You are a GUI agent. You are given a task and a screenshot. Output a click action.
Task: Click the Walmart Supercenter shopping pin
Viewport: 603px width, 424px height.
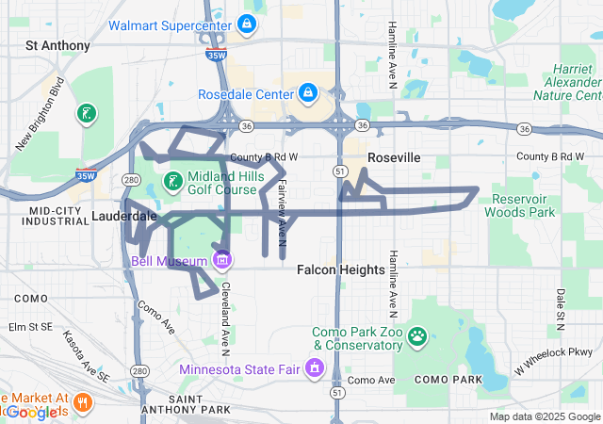(x=246, y=24)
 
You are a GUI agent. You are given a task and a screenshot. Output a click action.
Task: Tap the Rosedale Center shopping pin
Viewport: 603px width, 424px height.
(x=307, y=93)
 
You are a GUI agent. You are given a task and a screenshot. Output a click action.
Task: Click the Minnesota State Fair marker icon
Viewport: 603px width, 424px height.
(x=312, y=368)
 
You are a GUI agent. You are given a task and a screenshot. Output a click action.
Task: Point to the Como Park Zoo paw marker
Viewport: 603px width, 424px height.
(x=416, y=336)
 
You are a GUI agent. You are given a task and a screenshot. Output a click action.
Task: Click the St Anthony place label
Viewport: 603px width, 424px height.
(x=58, y=45)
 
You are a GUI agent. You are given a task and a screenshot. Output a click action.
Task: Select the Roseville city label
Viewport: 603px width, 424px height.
(x=394, y=157)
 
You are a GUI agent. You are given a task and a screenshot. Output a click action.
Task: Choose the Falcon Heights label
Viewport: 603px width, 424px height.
(x=340, y=269)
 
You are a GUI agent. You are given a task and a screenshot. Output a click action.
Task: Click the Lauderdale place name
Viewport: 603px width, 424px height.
(x=124, y=216)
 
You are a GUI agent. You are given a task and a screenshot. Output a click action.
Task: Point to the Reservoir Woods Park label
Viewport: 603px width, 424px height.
(x=520, y=205)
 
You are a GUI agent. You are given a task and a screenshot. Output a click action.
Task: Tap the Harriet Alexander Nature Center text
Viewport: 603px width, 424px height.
(x=566, y=83)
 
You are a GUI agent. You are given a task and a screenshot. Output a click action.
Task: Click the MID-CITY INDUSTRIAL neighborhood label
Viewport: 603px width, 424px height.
(x=58, y=216)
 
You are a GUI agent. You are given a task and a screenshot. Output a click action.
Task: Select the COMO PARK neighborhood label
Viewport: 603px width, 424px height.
(x=448, y=379)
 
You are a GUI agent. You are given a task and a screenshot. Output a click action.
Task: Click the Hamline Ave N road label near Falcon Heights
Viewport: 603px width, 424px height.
(x=390, y=283)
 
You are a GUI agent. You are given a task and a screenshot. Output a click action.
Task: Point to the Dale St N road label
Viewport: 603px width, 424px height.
(x=560, y=308)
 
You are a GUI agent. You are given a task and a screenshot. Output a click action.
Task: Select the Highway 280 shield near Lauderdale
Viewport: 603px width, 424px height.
(x=131, y=179)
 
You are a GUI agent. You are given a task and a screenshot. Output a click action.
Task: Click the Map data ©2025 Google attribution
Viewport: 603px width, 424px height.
(x=545, y=416)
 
